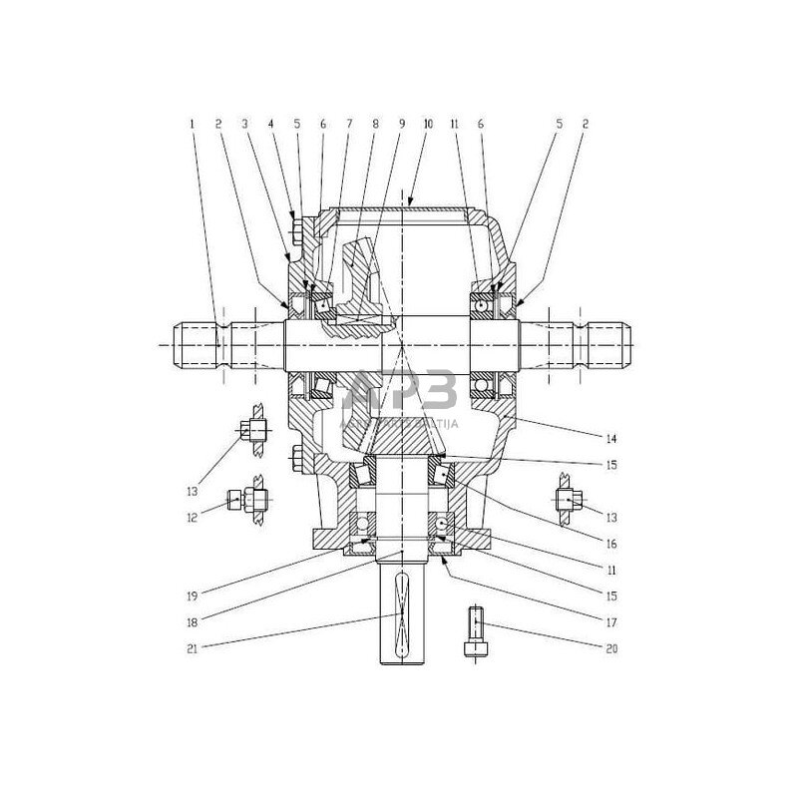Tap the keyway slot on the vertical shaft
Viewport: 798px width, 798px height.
coord(401,617)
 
